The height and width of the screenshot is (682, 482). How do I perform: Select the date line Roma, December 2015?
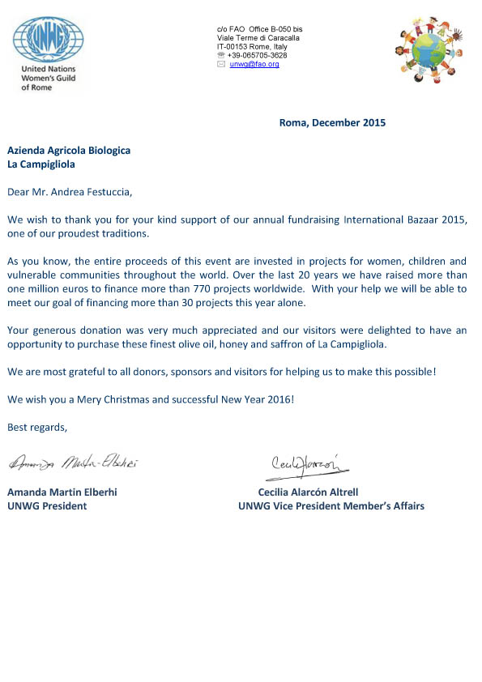(332, 123)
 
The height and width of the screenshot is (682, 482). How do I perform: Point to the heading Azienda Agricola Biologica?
(69, 151)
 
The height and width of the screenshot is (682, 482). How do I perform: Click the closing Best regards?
(37, 426)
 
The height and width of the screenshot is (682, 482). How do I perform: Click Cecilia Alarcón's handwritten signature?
(310, 462)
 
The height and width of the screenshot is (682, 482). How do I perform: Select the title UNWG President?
(47, 506)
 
